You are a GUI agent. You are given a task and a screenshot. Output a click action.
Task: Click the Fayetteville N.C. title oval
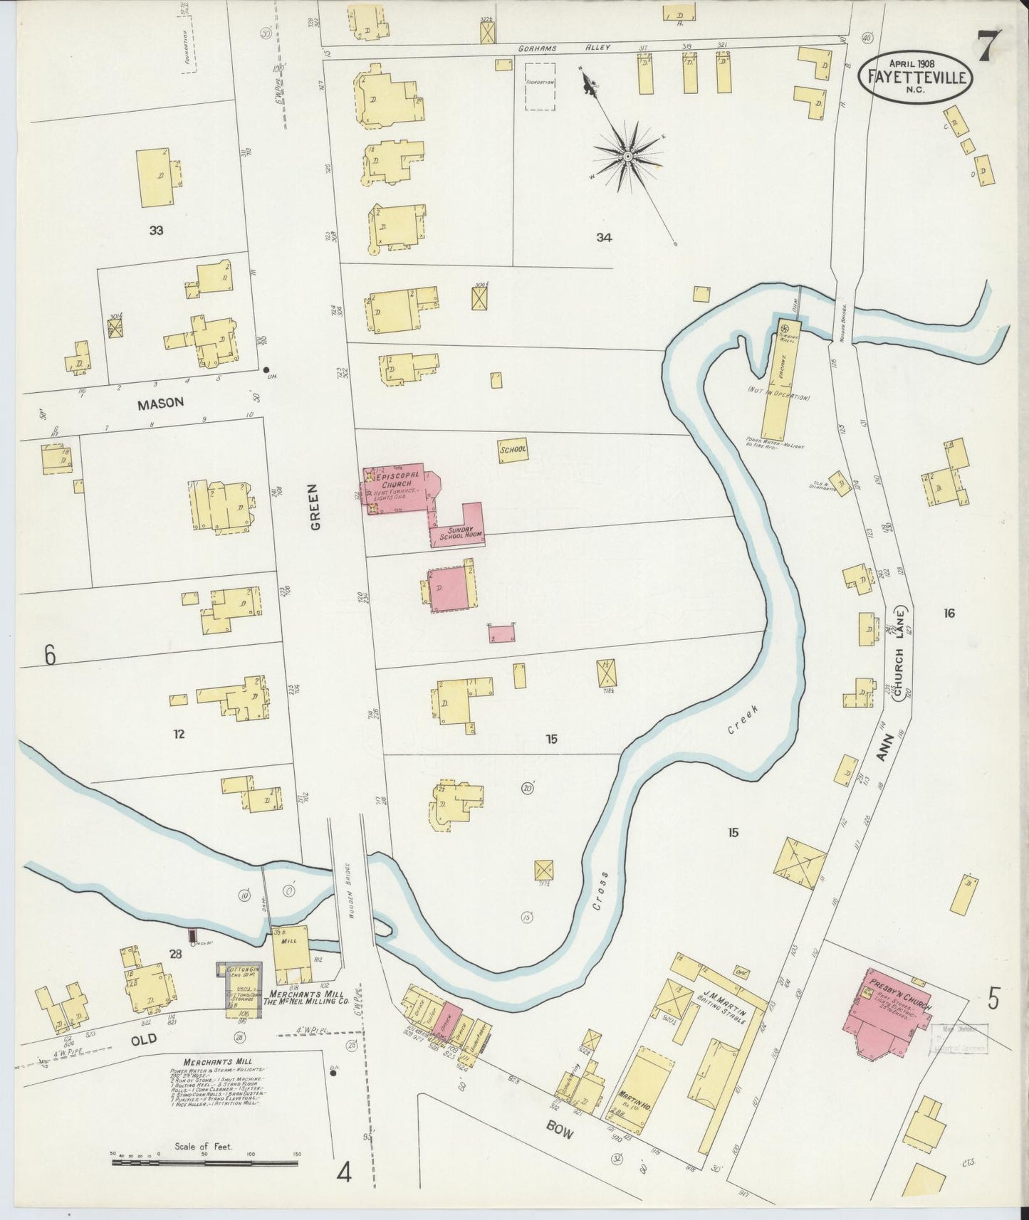coord(916,78)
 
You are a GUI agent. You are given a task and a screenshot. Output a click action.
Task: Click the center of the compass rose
coord(627,156)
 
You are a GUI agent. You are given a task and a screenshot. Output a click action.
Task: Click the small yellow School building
coord(513,451)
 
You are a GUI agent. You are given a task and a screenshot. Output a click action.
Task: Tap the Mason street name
coord(160,403)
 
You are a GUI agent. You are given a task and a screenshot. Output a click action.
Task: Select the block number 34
coord(604,238)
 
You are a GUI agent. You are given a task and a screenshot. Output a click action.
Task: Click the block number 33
coord(156,230)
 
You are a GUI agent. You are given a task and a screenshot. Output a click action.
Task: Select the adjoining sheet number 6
coord(49,655)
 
